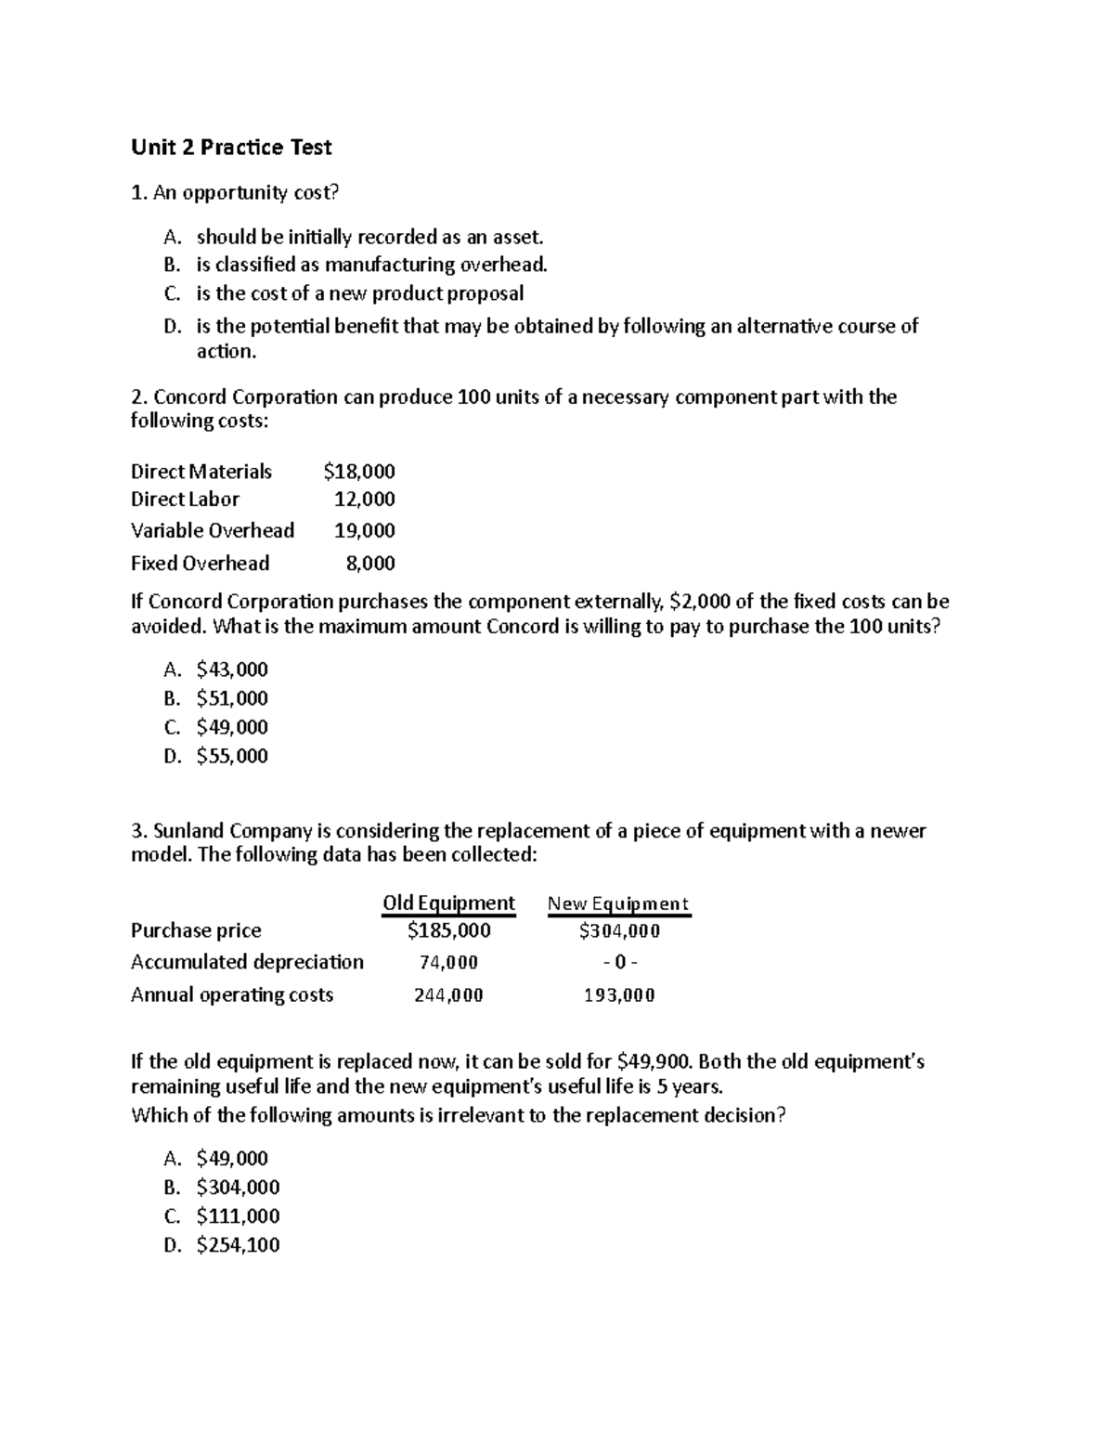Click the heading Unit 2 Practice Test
231,147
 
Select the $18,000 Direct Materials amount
359,472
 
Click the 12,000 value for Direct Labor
365,500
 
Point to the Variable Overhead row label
213,530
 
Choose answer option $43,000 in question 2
232,669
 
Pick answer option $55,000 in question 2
232,756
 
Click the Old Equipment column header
448,903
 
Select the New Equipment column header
618,903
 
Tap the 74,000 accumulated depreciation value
449,963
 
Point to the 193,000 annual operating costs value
619,995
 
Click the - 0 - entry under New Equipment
619,963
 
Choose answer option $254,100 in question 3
238,1245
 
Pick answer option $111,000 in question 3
238,1216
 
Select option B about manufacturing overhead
371,266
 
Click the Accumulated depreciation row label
247,962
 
